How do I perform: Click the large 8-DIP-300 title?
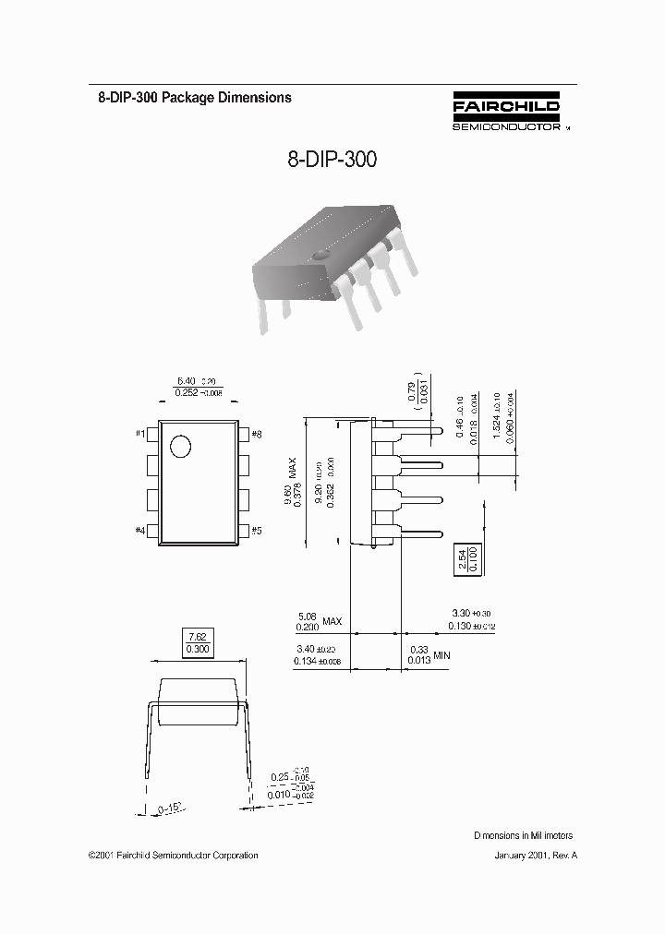point(332,160)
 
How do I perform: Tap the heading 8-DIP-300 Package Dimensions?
point(195,97)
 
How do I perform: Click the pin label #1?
point(139,433)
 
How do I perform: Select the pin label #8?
point(256,433)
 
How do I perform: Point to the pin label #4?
point(139,530)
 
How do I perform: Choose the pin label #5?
point(256,530)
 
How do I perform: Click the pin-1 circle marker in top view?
point(180,447)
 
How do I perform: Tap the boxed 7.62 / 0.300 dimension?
point(198,643)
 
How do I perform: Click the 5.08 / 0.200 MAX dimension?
point(318,620)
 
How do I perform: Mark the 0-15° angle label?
point(170,808)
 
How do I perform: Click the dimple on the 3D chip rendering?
point(320,253)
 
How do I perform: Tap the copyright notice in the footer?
point(173,856)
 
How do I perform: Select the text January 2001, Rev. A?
point(536,856)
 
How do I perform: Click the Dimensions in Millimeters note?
point(524,835)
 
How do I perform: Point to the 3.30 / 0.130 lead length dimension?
point(473,619)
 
